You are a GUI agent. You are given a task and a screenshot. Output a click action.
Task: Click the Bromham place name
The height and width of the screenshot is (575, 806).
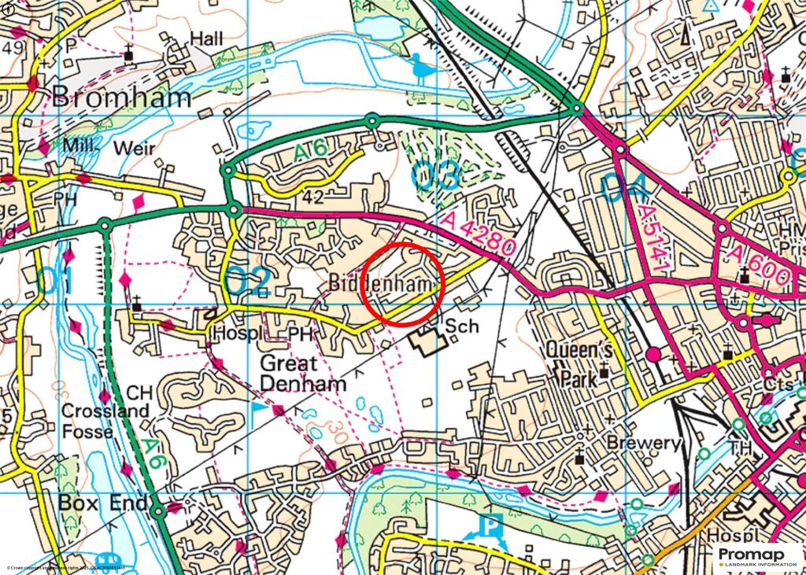(x=121, y=98)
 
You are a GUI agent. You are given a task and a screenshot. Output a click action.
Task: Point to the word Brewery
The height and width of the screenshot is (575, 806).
(x=642, y=443)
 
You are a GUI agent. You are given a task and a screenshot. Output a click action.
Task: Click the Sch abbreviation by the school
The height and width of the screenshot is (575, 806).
(x=462, y=326)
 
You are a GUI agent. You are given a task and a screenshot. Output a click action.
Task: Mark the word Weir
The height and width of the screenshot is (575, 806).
(x=135, y=148)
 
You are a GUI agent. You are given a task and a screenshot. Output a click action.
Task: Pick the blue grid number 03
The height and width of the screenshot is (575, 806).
(x=435, y=175)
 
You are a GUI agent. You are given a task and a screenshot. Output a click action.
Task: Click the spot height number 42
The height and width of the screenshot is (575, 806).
(x=312, y=197)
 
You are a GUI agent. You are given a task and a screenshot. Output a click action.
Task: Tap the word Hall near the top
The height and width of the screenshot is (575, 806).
(x=206, y=38)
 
